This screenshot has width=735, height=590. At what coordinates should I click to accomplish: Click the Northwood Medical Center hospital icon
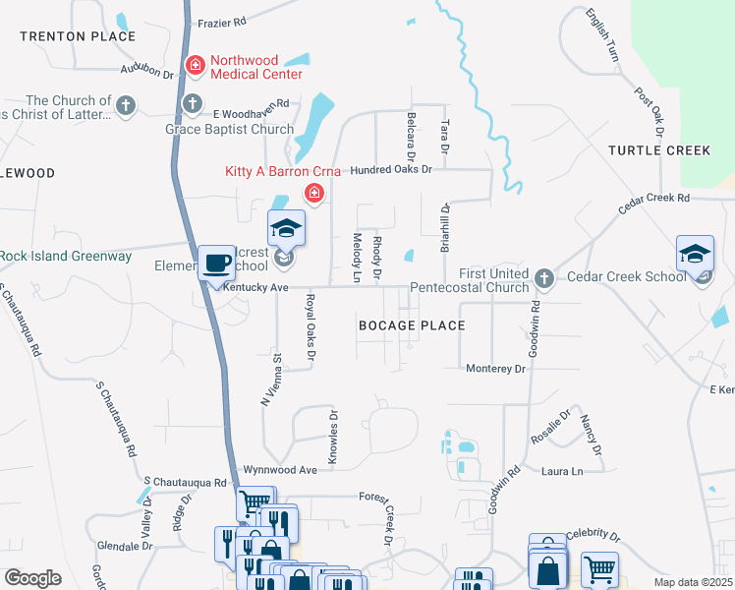click(x=196, y=66)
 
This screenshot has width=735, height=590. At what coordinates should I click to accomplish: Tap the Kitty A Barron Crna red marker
click(x=314, y=193)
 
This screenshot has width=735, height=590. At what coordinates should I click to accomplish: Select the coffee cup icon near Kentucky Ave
click(x=216, y=264)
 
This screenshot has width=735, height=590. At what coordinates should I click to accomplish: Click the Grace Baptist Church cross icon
click(x=193, y=103)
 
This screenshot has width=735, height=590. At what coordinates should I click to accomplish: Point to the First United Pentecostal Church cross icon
click(x=546, y=278)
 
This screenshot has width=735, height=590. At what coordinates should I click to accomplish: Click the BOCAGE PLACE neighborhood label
click(x=411, y=324)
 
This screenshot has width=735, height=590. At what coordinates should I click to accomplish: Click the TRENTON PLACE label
click(x=77, y=36)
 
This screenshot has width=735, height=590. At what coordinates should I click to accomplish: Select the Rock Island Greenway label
click(x=65, y=257)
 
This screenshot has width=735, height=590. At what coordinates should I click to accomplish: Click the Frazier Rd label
click(x=220, y=20)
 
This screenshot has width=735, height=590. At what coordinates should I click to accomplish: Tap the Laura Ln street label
click(x=562, y=472)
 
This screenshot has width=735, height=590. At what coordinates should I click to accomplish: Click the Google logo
click(x=32, y=578)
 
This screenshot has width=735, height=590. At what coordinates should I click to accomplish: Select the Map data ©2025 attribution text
click(x=693, y=582)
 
